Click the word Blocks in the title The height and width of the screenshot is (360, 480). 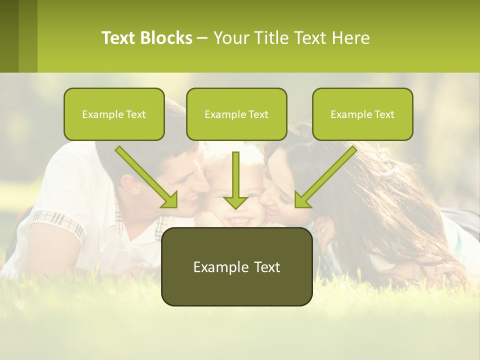(166, 38)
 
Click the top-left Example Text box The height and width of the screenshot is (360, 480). (114, 114)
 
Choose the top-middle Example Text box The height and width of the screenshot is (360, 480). (236, 114)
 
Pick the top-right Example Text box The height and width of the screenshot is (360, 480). (362, 114)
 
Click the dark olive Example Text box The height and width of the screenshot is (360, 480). (236, 266)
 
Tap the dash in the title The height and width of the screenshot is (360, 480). (202, 38)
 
